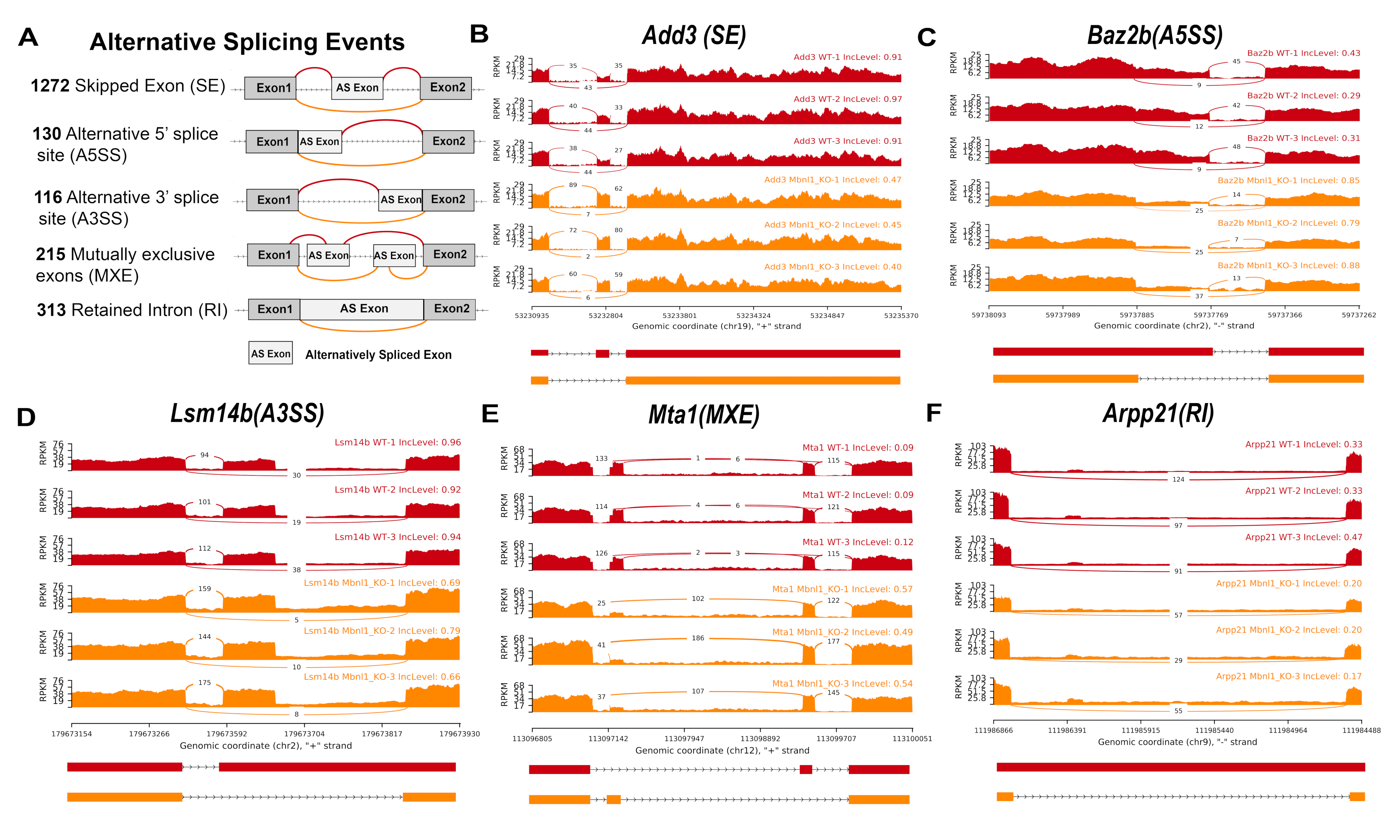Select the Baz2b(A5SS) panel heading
tap(1154, 36)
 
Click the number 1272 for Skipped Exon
tap(50, 86)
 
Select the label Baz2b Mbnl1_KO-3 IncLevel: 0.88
tap(1288, 266)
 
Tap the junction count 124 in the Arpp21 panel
tap(1178, 480)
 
